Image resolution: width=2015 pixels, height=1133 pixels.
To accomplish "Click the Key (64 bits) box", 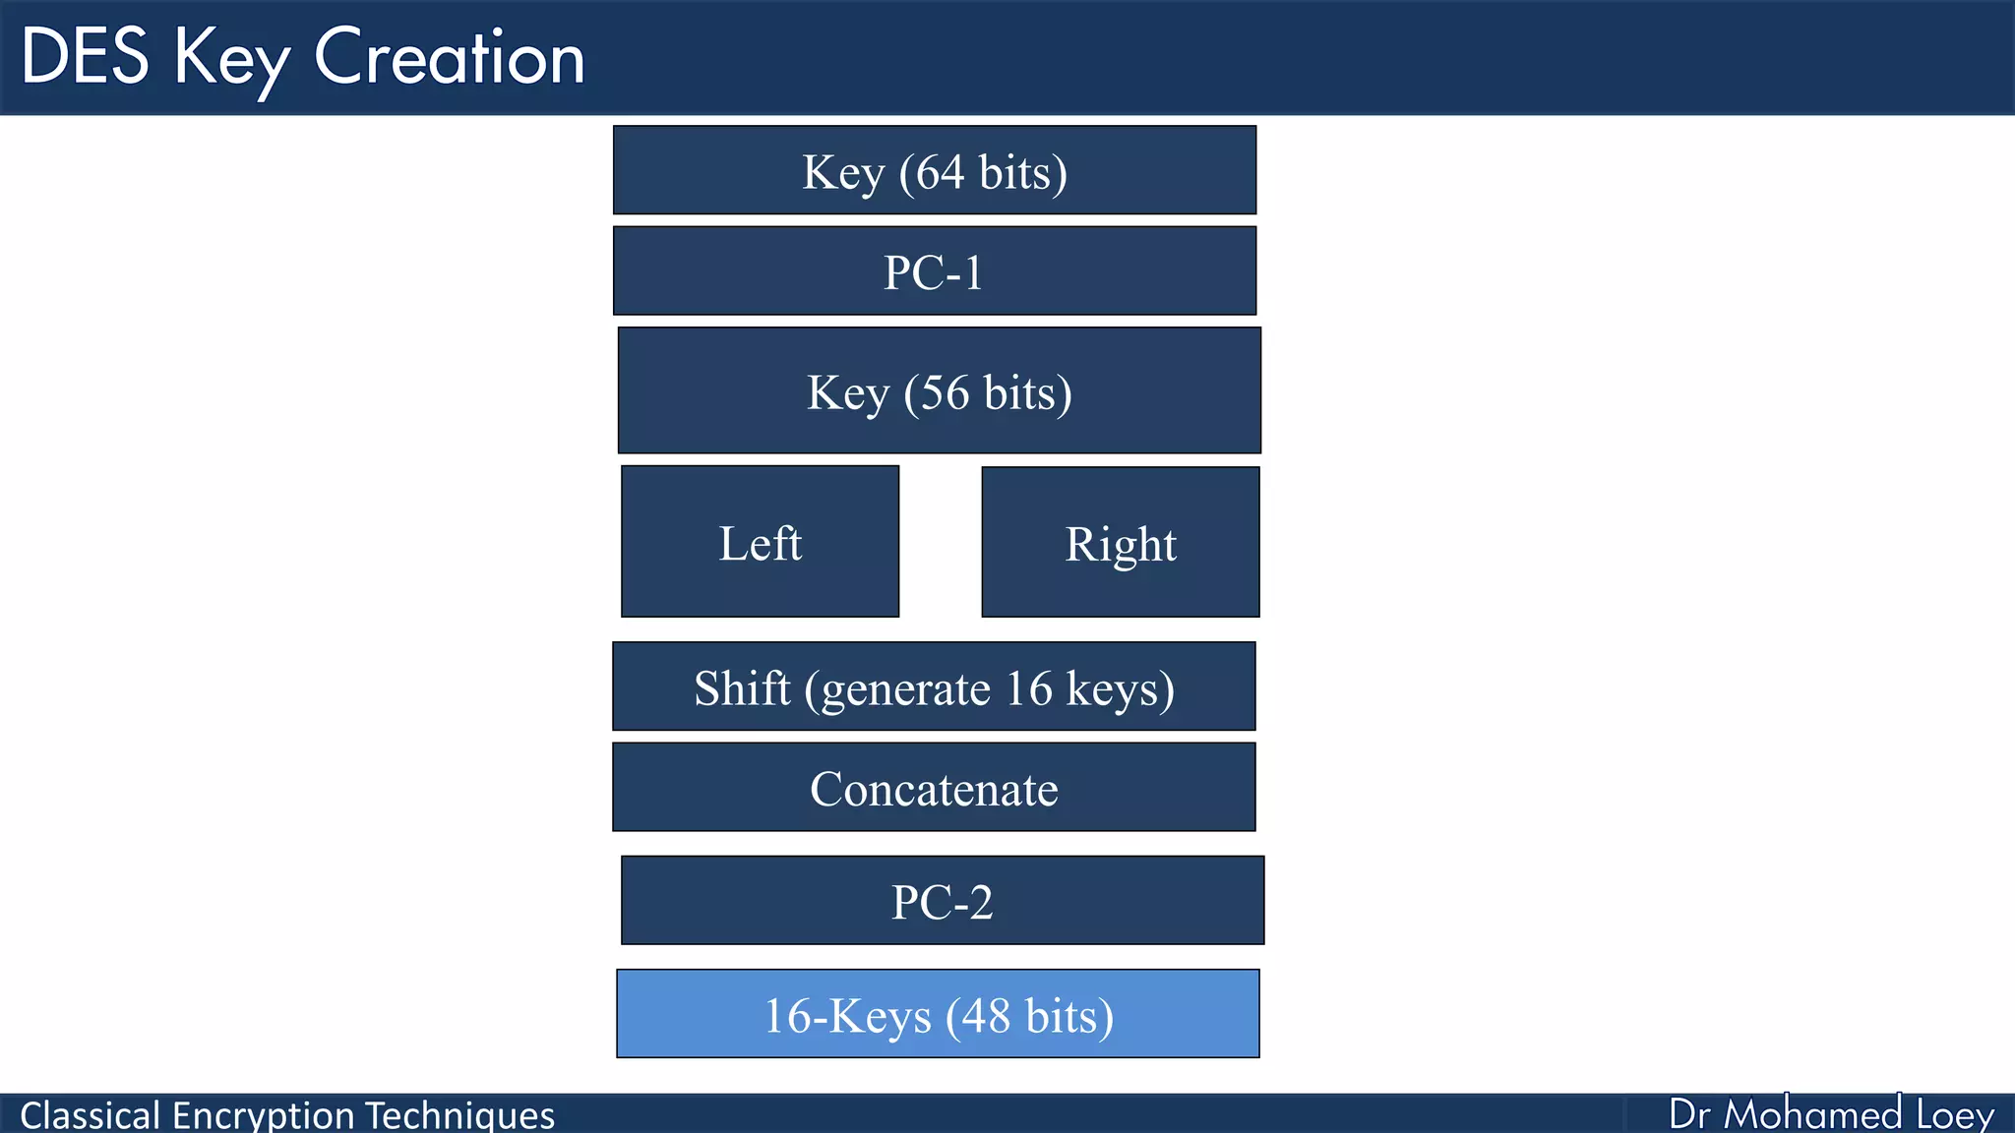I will pyautogui.click(x=935, y=170).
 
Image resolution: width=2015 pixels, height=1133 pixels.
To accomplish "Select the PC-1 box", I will pyautogui.click(x=935, y=271).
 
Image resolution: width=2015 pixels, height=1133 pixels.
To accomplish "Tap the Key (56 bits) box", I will pyautogui.click(x=940, y=390).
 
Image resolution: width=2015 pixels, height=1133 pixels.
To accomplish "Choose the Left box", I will pyautogui.click(x=760, y=542).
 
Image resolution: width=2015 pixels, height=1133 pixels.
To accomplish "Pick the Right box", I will pyautogui.click(x=1121, y=542).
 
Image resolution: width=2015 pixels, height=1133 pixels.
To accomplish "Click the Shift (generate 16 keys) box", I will pyautogui.click(x=934, y=686).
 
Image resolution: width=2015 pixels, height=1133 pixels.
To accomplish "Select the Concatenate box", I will pyautogui.click(x=934, y=788).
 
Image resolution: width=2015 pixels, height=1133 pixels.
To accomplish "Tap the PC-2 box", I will pyautogui.click(x=943, y=901).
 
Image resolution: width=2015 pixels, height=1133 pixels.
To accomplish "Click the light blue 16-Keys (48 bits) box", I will pyautogui.click(x=938, y=1014).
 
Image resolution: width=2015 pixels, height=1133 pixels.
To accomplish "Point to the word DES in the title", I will pyautogui.click(x=86, y=57).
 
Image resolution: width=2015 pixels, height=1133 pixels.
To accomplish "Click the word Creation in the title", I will pyautogui.click(x=450, y=57).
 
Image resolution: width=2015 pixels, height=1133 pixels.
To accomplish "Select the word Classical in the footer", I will pyautogui.click(x=90, y=1115).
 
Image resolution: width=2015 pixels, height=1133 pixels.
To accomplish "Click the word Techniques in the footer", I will pyautogui.click(x=460, y=1115).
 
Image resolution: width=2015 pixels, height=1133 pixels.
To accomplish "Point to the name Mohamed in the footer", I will pyautogui.click(x=1812, y=1114).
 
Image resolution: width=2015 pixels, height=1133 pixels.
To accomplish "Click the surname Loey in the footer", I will pyautogui.click(x=1955, y=1114).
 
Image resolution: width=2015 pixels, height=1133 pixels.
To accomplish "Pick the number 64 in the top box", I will pyautogui.click(x=940, y=172).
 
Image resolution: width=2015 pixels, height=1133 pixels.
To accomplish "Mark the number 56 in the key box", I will pyautogui.click(x=945, y=392).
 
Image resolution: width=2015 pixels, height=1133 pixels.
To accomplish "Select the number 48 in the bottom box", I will pyautogui.click(x=986, y=1016).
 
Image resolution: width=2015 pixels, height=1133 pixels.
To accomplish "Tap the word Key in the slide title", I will pyautogui.click(x=232, y=59).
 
